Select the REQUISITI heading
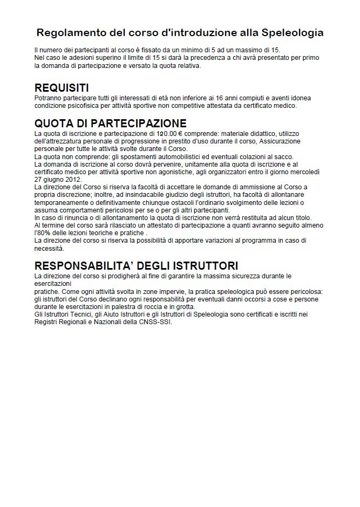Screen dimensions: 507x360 pyautogui.click(x=62, y=88)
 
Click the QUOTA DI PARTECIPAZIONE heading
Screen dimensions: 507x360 pyautogui.click(x=110, y=124)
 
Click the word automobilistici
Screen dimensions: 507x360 pyautogui.click(x=157, y=156)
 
